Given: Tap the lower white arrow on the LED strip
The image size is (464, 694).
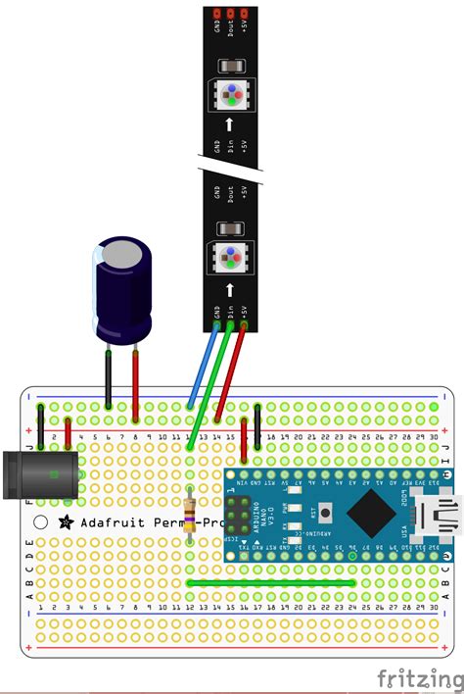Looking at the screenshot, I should [x=230, y=289].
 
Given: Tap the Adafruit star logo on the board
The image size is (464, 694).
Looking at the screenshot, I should [x=66, y=522].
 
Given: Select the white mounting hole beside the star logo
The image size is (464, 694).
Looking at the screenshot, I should [x=40, y=522].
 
